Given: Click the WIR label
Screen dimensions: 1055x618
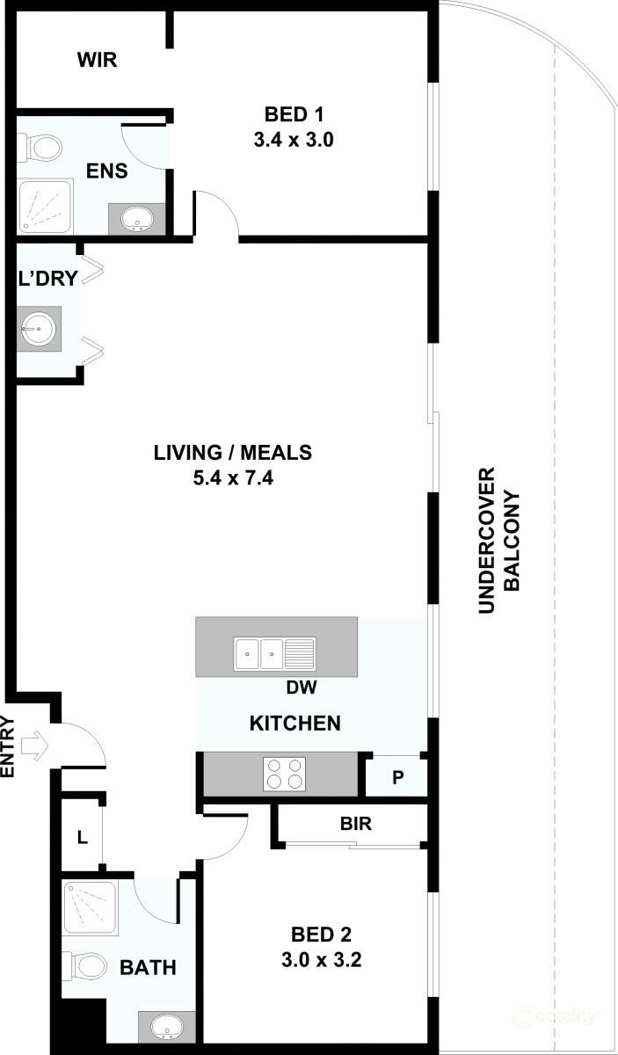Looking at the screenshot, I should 97,60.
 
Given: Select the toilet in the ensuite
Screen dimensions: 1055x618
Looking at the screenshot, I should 39,148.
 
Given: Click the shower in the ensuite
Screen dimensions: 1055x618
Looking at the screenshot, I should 43,206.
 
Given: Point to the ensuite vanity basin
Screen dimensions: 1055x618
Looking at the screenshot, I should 135,218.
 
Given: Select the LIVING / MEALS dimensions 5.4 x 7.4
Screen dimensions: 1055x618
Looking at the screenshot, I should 233,478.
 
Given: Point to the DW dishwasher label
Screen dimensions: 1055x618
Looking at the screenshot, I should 302,687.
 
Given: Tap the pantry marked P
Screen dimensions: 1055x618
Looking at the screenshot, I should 397,776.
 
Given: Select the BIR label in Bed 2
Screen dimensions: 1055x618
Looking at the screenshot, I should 356,825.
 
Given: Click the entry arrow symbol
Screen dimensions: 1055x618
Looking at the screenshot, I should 36,746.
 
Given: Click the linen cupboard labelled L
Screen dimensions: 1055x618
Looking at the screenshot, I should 82,837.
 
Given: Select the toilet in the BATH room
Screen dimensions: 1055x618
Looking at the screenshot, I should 87,967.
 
